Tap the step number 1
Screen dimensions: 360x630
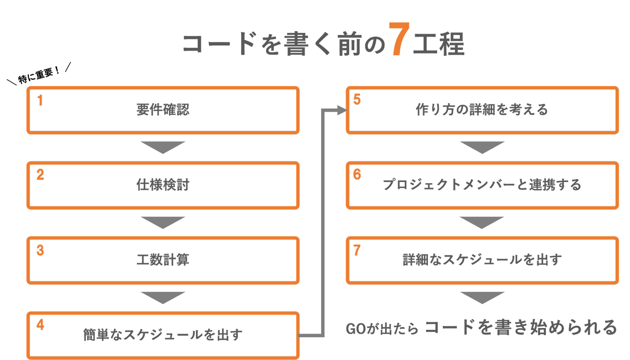40,101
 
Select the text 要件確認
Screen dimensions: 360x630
163,110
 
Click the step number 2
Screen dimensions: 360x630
40,175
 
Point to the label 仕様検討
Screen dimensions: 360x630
163,185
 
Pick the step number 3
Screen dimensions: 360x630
40,251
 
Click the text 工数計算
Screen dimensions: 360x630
163,260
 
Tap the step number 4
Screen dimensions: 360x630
40,325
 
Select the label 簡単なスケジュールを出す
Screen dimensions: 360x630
163,335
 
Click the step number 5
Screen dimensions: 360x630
357,100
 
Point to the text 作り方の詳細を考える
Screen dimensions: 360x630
482,109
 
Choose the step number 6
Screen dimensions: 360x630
357,175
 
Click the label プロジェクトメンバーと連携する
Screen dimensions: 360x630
482,185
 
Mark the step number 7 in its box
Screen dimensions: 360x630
357,251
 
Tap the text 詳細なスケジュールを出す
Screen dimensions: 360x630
482,260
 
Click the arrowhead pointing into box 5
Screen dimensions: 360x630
342,110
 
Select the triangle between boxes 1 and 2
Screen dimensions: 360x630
163,147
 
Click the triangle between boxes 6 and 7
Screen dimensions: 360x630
482,222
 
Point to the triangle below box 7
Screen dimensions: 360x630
482,297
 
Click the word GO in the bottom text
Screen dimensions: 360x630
355,329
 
